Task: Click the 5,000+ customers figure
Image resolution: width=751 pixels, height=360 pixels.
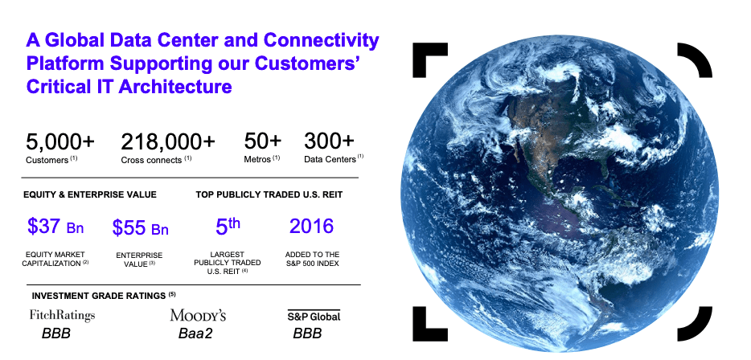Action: [60, 142]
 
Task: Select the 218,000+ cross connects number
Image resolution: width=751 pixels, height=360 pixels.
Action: [168, 142]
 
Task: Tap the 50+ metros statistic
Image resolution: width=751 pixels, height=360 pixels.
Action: [263, 142]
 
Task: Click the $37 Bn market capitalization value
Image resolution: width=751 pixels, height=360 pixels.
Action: [55, 227]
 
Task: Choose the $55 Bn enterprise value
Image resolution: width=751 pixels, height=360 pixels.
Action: [141, 228]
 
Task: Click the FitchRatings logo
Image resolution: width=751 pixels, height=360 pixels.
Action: [62, 315]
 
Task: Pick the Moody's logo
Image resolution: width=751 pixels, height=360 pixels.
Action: [198, 315]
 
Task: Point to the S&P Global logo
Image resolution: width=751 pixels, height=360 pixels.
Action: [314, 316]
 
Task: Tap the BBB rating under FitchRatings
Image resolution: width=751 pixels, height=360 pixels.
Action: [56, 333]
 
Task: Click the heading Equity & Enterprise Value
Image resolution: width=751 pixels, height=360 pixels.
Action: [89, 194]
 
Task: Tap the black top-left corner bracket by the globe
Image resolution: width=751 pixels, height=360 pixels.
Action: [425, 55]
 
